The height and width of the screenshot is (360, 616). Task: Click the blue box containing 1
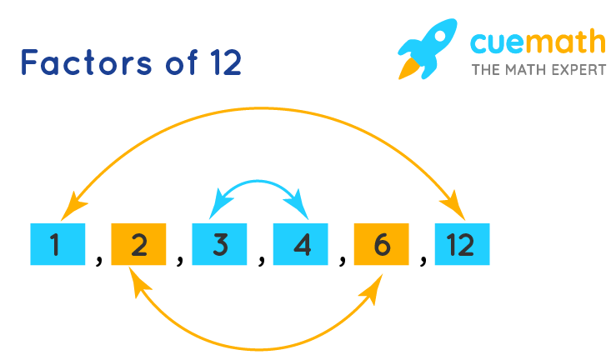(58, 245)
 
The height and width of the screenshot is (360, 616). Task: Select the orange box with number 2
(138, 245)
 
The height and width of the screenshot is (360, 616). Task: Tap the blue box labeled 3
(219, 245)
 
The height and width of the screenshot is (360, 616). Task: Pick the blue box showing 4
(301, 245)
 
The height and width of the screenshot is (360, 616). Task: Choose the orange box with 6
(381, 245)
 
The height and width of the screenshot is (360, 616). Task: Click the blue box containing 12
(461, 245)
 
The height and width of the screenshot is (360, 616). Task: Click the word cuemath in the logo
(538, 41)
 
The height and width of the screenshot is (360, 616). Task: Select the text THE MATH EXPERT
(538, 69)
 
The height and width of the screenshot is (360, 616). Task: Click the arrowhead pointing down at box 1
(78, 203)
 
